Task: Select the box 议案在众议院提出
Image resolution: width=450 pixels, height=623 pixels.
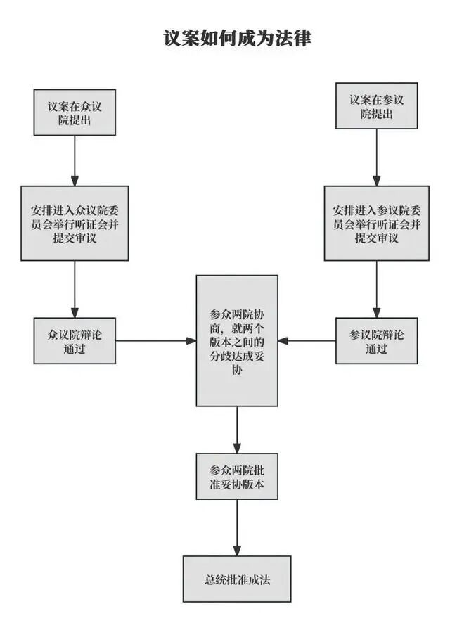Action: coord(75,112)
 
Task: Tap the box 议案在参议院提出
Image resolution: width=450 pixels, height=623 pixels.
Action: coord(377,105)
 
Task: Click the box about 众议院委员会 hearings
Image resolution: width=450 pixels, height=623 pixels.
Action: coord(75,223)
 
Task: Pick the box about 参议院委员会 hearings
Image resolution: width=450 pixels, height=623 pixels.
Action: coord(377,223)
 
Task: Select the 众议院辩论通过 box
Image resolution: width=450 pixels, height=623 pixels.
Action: coord(75,341)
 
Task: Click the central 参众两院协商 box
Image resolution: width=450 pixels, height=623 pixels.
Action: coord(237,340)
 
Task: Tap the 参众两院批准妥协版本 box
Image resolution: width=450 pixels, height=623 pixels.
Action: coord(237,476)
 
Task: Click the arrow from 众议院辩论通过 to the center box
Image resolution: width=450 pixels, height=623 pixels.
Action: coord(155,341)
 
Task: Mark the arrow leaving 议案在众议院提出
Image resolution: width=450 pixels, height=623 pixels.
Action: coord(75,160)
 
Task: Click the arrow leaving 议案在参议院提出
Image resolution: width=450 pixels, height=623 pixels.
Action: coord(377,158)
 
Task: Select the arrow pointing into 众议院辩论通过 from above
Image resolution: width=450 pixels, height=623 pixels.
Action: coord(75,289)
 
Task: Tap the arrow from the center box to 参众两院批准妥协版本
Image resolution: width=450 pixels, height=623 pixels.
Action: coord(237,430)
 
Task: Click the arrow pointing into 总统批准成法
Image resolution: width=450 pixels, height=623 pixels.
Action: coord(237,527)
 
